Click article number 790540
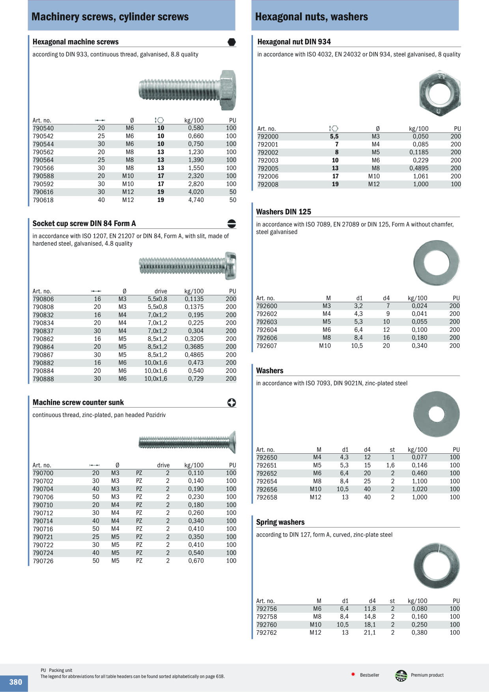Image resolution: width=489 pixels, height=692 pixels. pyautogui.click(x=43, y=128)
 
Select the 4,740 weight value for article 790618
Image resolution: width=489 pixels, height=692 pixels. pyautogui.click(x=196, y=200)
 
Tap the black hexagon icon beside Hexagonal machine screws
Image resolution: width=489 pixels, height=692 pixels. pyautogui.click(x=232, y=42)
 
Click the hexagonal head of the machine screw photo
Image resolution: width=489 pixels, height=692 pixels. pyautogui.click(x=228, y=90)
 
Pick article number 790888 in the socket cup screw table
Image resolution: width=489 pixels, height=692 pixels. pyautogui.click(x=43, y=379)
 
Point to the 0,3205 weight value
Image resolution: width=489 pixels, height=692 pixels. pyautogui.click(x=194, y=339)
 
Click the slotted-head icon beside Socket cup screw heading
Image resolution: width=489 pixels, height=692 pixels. pyautogui.click(x=232, y=224)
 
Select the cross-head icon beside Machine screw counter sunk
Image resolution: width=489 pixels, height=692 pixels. pyautogui.click(x=232, y=402)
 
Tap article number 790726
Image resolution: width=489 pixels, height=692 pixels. pyautogui.click(x=43, y=561)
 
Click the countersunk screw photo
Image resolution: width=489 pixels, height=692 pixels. pyautogui.click(x=187, y=442)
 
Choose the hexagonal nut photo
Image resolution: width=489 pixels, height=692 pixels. pyautogui.click(x=440, y=93)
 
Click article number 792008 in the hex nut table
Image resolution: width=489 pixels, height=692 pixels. pyautogui.click(x=268, y=184)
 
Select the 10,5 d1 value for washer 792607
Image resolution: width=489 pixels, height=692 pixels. pyautogui.click(x=357, y=346)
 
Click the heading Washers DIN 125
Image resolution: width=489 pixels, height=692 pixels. pyautogui.click(x=284, y=212)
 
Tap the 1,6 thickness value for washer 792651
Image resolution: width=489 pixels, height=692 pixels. pyautogui.click(x=390, y=466)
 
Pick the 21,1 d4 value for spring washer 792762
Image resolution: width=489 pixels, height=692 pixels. pyautogui.click(x=370, y=633)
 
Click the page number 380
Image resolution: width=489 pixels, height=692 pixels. pyautogui.click(x=16, y=682)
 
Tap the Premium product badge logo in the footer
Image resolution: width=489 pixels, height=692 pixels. pyautogui.click(x=401, y=676)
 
